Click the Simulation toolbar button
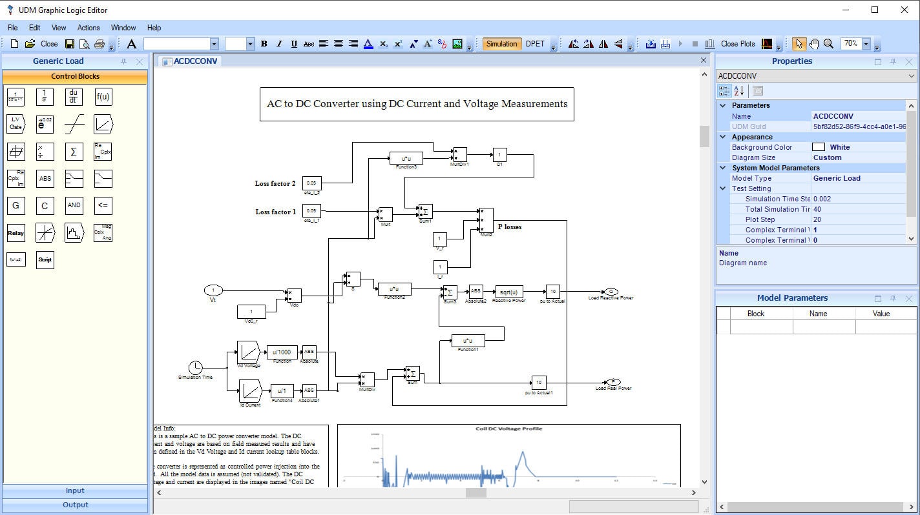(501, 44)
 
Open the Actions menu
(89, 28)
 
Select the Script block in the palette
(45, 259)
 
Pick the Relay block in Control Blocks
(16, 233)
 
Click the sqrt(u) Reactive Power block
(508, 292)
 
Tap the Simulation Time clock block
(195, 367)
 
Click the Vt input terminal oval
(213, 290)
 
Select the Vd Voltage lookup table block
(249, 352)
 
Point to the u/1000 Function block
(282, 352)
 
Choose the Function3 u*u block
(406, 158)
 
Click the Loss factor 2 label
(275, 183)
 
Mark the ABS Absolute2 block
(476, 292)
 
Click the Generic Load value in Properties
(837, 178)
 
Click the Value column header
(881, 314)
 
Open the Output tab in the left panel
(76, 505)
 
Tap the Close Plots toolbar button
(738, 44)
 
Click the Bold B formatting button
(264, 44)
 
